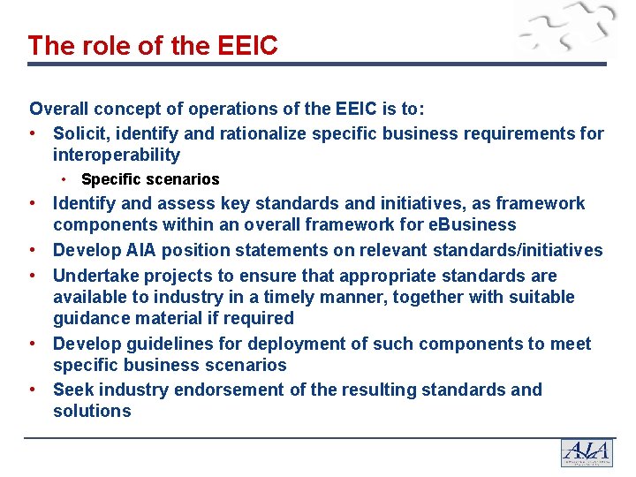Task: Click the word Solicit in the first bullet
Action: coord(79,133)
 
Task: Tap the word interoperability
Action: coord(116,155)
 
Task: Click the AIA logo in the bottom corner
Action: coord(587,452)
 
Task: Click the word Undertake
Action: coord(96,276)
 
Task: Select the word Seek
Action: coord(73,390)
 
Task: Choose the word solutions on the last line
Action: coord(92,411)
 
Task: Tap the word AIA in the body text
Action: coord(134,250)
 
